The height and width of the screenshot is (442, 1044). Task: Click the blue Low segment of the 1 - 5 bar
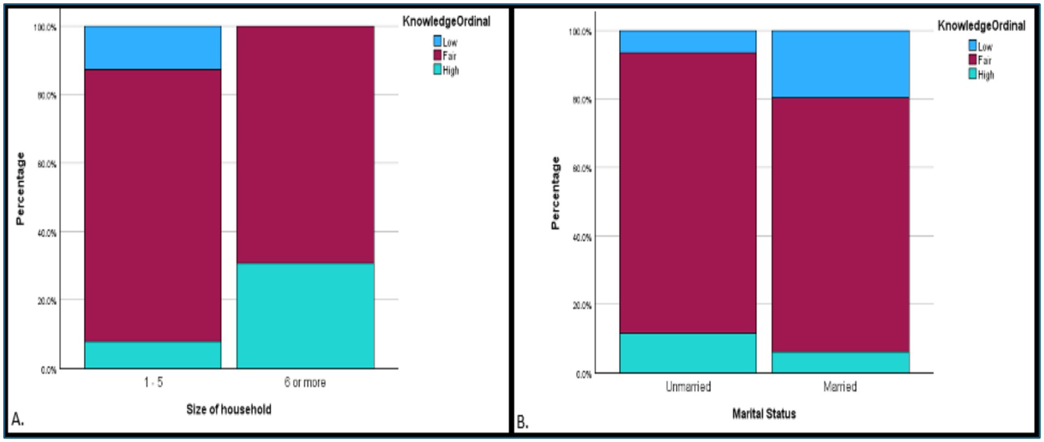pyautogui.click(x=153, y=48)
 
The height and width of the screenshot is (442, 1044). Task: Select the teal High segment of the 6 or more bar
pyautogui.click(x=305, y=316)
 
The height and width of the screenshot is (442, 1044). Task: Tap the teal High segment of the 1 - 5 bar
pyautogui.click(x=153, y=355)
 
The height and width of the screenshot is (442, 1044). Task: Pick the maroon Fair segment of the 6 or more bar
pyautogui.click(x=305, y=145)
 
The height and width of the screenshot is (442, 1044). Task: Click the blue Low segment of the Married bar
pyautogui.click(x=840, y=64)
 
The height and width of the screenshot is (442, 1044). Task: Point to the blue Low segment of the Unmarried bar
pyautogui.click(x=688, y=42)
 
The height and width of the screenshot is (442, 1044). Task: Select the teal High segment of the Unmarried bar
pyautogui.click(x=688, y=353)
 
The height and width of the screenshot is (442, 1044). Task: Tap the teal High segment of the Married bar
pyautogui.click(x=840, y=362)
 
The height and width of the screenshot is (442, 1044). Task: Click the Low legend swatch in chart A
pyautogui.click(x=437, y=41)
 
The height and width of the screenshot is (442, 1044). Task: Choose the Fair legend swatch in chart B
pyautogui.click(x=973, y=60)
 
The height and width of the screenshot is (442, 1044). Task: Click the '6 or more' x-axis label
pyautogui.click(x=305, y=383)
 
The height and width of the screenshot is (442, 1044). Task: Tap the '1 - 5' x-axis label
pyautogui.click(x=153, y=383)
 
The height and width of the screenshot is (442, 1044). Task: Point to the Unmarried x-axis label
pyautogui.click(x=688, y=387)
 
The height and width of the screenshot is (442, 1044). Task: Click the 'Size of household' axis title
pyautogui.click(x=228, y=410)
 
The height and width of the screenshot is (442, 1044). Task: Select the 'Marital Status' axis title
pyautogui.click(x=764, y=414)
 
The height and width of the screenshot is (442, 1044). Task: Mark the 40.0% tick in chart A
pyautogui.click(x=48, y=233)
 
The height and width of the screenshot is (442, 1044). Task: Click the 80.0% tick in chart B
pyautogui.click(x=582, y=100)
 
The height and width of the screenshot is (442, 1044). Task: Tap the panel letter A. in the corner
pyautogui.click(x=18, y=421)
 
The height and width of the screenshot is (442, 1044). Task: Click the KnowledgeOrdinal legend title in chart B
pyautogui.click(x=981, y=26)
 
